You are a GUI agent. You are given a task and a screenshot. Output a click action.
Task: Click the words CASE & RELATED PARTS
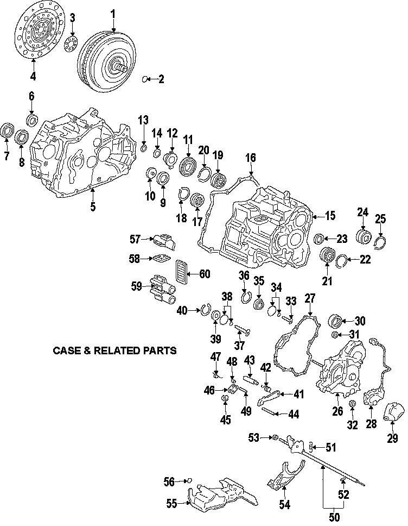(114, 350)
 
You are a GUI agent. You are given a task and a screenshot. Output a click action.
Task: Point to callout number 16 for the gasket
(250, 158)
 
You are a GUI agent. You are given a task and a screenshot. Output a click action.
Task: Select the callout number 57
(135, 238)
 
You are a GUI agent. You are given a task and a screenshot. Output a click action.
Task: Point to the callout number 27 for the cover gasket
(309, 298)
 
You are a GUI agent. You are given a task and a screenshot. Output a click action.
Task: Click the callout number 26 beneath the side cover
(337, 411)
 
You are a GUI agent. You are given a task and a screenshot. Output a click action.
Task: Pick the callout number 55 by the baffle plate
(171, 504)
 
